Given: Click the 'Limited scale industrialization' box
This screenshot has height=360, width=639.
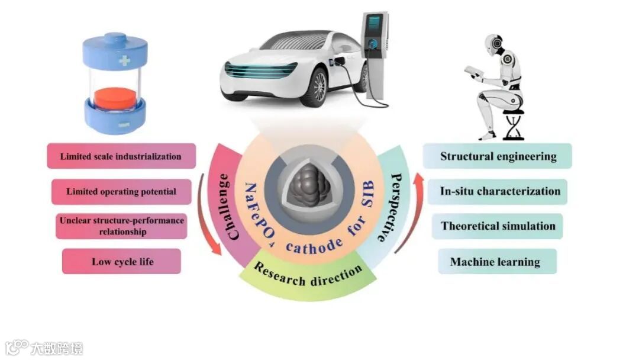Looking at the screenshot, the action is tap(121, 156).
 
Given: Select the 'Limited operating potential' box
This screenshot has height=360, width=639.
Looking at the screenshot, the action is tap(121, 192).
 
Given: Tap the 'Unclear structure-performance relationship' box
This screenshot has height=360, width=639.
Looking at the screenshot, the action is tap(121, 226).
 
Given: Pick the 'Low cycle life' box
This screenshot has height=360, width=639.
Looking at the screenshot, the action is tap(121, 261).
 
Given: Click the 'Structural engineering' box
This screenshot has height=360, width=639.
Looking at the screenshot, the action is tap(498, 156).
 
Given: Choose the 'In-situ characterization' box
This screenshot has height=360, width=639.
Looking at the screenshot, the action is tap(499, 191).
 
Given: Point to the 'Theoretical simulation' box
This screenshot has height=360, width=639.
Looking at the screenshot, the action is tap(498, 226).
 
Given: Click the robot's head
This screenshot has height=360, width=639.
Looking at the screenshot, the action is tap(495, 44).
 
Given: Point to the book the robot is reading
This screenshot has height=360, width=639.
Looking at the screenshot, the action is tap(474, 72).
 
